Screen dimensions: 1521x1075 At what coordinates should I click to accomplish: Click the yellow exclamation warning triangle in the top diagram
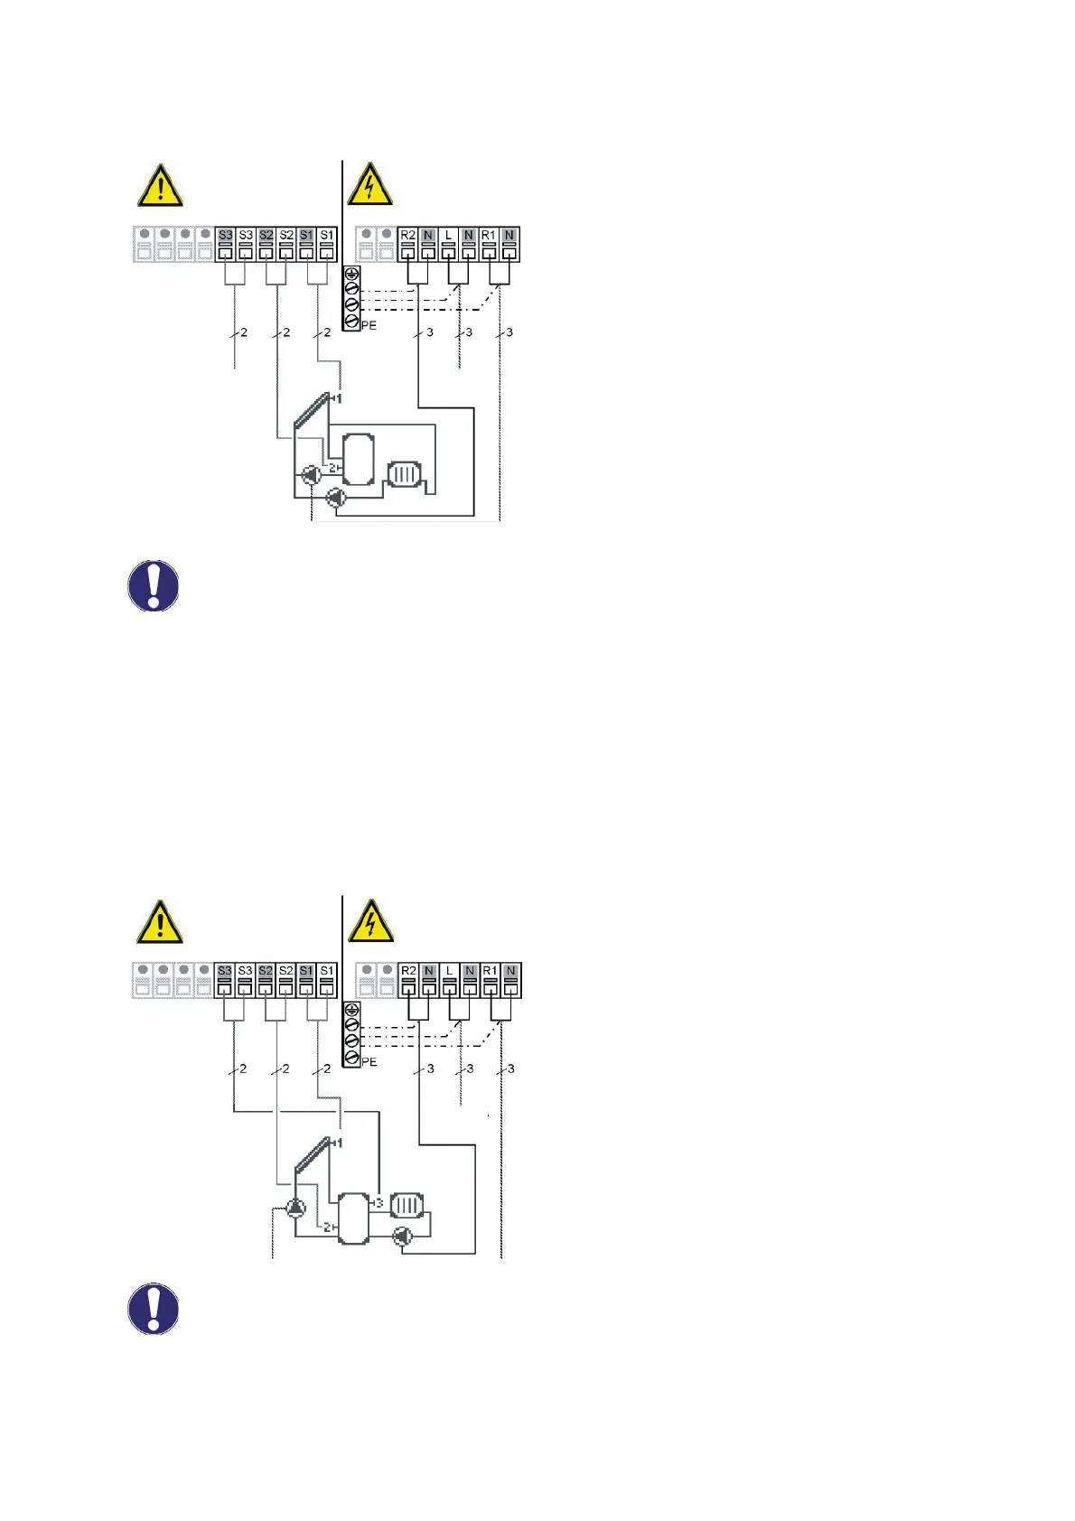click(x=160, y=186)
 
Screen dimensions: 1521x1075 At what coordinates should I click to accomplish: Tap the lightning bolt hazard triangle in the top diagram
click(x=369, y=186)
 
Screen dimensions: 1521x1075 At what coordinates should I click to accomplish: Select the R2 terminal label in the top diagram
click(x=408, y=235)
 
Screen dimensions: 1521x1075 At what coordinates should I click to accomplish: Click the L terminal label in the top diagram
click(x=448, y=235)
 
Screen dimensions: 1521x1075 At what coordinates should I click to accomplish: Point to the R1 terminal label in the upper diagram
click(x=489, y=235)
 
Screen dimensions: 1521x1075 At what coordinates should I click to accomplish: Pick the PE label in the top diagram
click(x=369, y=325)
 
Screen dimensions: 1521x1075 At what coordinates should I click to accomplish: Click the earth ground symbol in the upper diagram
click(x=351, y=273)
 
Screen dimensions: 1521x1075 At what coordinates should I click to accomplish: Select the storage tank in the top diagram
click(x=359, y=459)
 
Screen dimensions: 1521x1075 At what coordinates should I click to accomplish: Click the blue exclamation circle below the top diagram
click(x=154, y=586)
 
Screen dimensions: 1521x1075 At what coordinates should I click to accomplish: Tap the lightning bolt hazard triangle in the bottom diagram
click(x=369, y=922)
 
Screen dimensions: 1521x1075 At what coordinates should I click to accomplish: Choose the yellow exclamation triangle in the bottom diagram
click(x=160, y=922)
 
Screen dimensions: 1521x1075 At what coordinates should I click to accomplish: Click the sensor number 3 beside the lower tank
click(x=379, y=1203)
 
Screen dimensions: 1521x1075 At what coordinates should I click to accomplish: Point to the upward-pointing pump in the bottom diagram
click(x=295, y=1208)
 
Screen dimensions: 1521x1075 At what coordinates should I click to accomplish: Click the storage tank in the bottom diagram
click(x=353, y=1218)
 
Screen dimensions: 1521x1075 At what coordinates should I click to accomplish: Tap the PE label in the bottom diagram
click(x=369, y=1062)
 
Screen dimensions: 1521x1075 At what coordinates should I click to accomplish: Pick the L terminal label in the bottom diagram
click(x=449, y=971)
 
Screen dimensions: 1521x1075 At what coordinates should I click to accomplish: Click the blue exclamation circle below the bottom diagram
click(x=154, y=1309)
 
